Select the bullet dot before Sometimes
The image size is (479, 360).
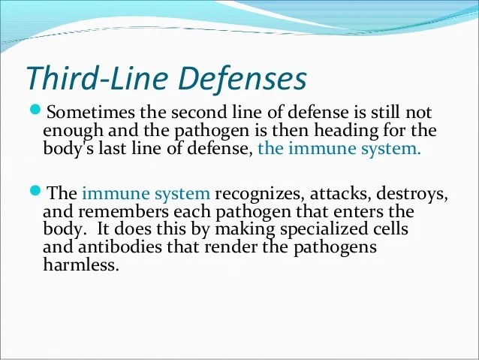pos(35,109)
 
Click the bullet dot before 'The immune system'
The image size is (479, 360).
pos(35,191)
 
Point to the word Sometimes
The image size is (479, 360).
pos(90,112)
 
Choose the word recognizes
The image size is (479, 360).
pos(260,194)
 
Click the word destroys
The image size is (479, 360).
pos(412,194)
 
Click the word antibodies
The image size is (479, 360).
pos(120,247)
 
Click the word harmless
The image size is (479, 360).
pos(80,265)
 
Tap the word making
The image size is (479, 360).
pos(246,229)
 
